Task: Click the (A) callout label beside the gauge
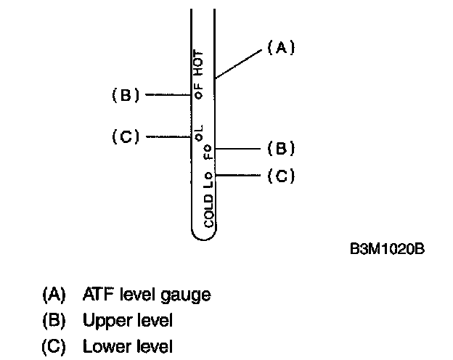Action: (279, 49)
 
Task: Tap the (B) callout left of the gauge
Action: (125, 94)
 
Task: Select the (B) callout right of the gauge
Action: (280, 149)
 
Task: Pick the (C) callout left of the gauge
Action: (125, 136)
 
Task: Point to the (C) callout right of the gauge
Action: (280, 176)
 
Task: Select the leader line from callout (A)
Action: (238, 64)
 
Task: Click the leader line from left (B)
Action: (167, 94)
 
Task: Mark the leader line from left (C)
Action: (167, 136)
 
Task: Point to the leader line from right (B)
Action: (237, 149)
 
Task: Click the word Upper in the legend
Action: (102, 320)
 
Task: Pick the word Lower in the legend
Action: (102, 345)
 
